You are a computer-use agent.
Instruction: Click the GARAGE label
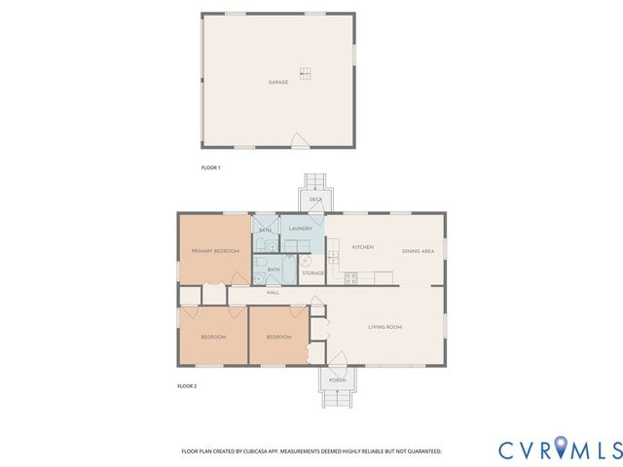(278, 83)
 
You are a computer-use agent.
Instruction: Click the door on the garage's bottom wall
(301, 144)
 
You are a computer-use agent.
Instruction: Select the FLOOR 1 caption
(210, 168)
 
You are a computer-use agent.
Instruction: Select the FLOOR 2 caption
(186, 386)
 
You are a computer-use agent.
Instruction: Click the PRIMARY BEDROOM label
(215, 251)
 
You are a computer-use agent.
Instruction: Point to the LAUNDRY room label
(301, 229)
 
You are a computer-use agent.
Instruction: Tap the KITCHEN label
(362, 247)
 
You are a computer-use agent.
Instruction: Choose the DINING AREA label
(418, 251)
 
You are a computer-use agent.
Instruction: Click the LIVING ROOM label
(385, 327)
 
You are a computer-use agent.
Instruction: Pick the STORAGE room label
(312, 273)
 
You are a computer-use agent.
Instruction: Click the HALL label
(274, 292)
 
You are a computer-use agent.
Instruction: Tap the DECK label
(315, 199)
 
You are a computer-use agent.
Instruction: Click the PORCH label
(337, 379)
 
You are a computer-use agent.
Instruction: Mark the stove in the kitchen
(352, 278)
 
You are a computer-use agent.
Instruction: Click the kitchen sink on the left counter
(332, 258)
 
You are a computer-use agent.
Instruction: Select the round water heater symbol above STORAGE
(306, 260)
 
